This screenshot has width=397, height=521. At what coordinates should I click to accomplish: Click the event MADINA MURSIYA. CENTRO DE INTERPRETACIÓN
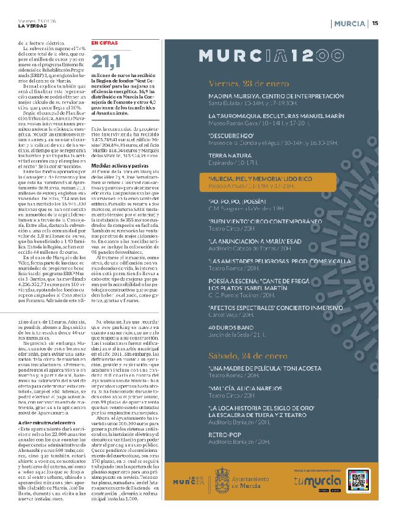pyautogui.click(x=276, y=97)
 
